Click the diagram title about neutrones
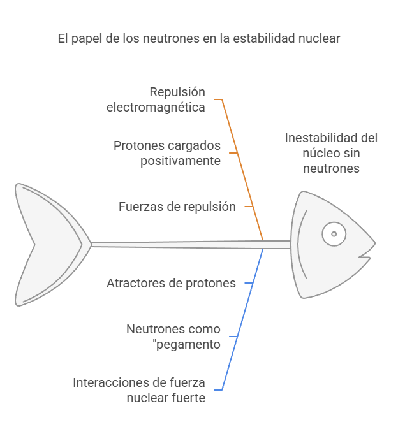point(198,39)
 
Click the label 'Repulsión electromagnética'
point(156,99)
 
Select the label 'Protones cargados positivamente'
point(167,153)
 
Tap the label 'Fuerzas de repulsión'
point(177,207)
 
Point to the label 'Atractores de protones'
point(171,283)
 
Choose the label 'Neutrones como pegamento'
point(173,337)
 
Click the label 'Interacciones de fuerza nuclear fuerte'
point(139,390)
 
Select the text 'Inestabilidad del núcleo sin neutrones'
point(331,153)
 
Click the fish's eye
point(332,234)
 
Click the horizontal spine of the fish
point(191,244)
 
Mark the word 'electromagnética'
point(156,107)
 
